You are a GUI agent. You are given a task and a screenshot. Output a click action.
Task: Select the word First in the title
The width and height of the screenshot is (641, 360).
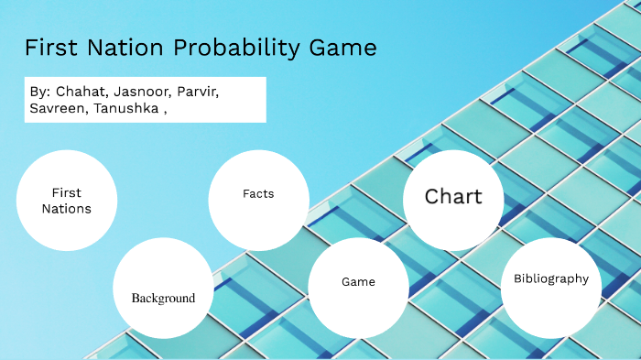53,49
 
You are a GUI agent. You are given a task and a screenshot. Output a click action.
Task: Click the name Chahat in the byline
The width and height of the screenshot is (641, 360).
81,93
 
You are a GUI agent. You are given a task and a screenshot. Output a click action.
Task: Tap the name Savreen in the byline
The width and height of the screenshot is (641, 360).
57,110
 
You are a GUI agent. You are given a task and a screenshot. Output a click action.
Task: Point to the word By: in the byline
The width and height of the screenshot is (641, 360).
39,93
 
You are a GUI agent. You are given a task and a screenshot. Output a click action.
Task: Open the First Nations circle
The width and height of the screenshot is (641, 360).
67,201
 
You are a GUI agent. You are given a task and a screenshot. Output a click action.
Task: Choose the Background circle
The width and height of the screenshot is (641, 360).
163,288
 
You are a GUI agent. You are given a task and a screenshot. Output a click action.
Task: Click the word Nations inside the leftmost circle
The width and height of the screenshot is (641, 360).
67,209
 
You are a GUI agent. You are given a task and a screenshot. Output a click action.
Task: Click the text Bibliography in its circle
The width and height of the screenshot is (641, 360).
551,278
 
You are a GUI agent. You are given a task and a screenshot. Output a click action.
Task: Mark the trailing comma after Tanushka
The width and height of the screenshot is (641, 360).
165,114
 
